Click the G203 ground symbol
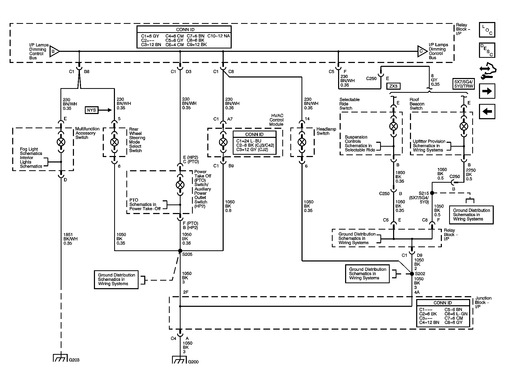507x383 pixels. pyautogui.click(x=61, y=358)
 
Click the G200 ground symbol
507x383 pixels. pyautogui.click(x=180, y=360)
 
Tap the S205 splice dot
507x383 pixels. pyautogui.click(x=180, y=251)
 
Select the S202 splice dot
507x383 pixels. pyautogui.click(x=412, y=274)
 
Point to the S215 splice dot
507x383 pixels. pyautogui.click(x=432, y=193)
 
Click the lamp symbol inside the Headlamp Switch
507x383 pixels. pyautogui.click(x=302, y=142)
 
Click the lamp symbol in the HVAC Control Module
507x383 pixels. pyautogui.click(x=223, y=142)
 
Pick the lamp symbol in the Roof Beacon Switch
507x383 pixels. pyautogui.click(x=464, y=126)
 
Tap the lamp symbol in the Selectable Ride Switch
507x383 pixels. pyautogui.click(x=394, y=126)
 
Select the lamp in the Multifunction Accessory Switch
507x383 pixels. pyautogui.click(x=61, y=142)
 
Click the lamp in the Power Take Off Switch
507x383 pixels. pyautogui.click(x=180, y=185)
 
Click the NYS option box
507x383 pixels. pyautogui.click(x=92, y=110)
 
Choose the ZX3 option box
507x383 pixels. pyautogui.click(x=393, y=86)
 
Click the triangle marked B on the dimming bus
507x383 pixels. pyautogui.click(x=54, y=51)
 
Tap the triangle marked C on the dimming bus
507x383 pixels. pyautogui.click(x=422, y=51)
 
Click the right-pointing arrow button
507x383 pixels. pyautogui.click(x=487, y=91)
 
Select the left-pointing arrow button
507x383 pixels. pyautogui.click(x=487, y=111)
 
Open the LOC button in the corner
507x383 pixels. pyautogui.click(x=487, y=30)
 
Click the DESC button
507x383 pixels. pyautogui.click(x=487, y=50)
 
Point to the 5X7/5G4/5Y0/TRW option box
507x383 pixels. pyautogui.click(x=464, y=84)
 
